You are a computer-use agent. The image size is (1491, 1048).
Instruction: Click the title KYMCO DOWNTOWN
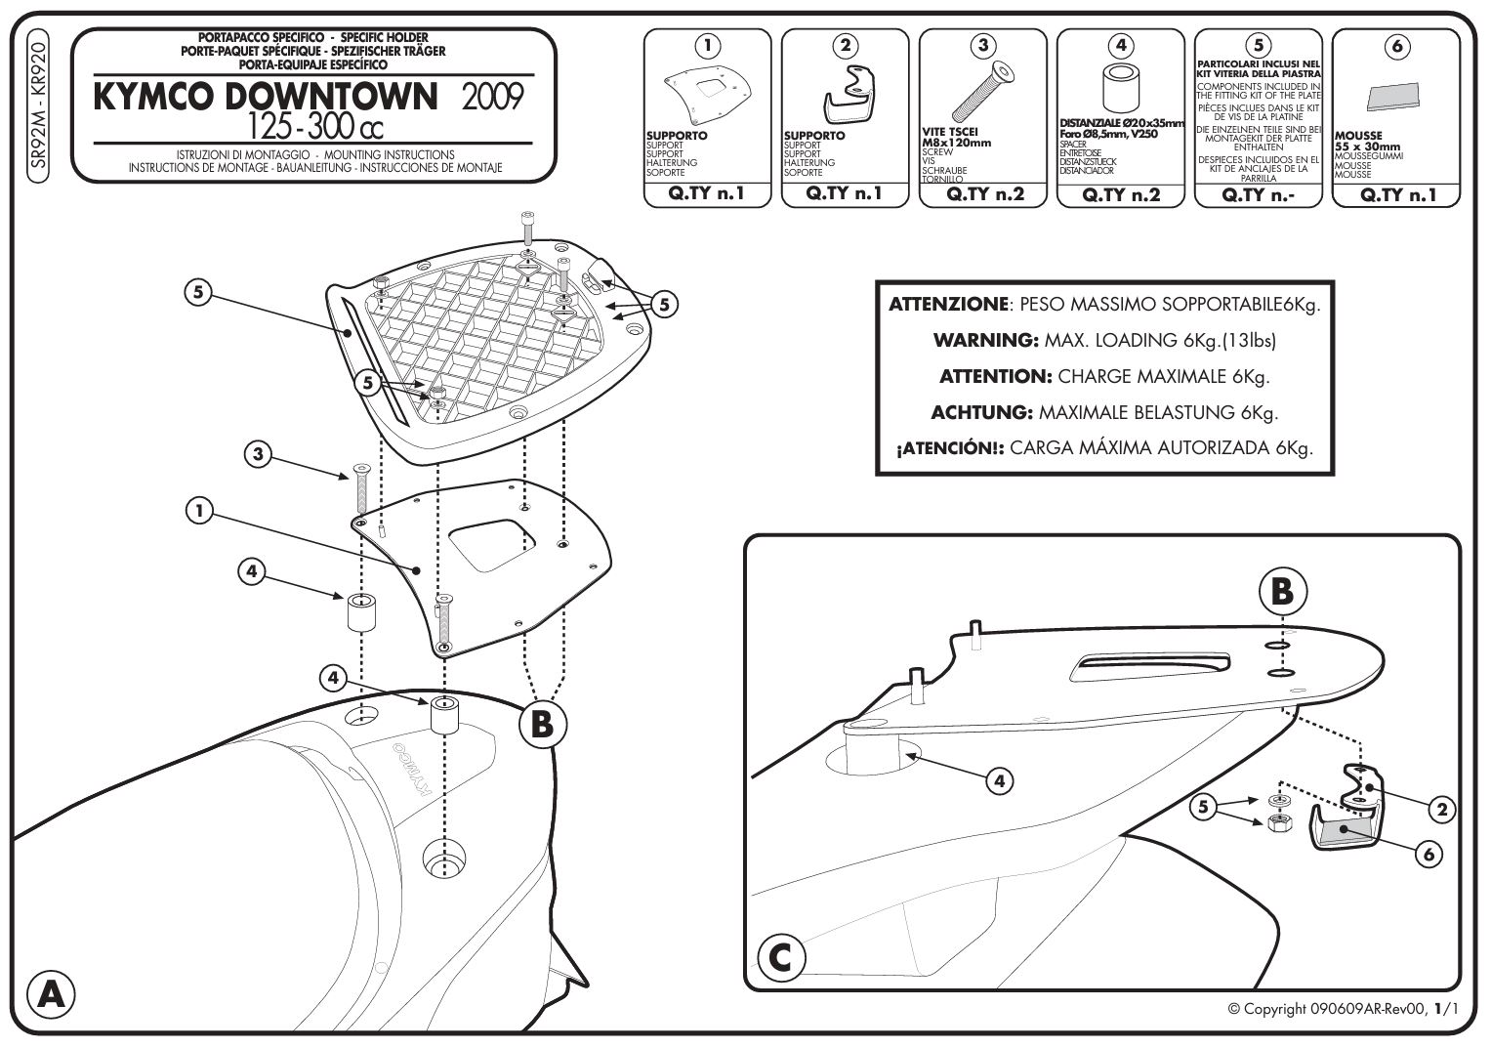(x=262, y=97)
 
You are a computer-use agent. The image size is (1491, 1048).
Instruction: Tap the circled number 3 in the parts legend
(x=983, y=44)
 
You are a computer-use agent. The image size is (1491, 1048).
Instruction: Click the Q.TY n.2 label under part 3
(x=984, y=193)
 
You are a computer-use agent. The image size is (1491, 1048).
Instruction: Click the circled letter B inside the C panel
(x=1282, y=591)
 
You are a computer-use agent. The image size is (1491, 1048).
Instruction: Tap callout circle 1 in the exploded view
(x=199, y=511)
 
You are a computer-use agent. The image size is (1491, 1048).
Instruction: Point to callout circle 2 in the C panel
(x=1441, y=808)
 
